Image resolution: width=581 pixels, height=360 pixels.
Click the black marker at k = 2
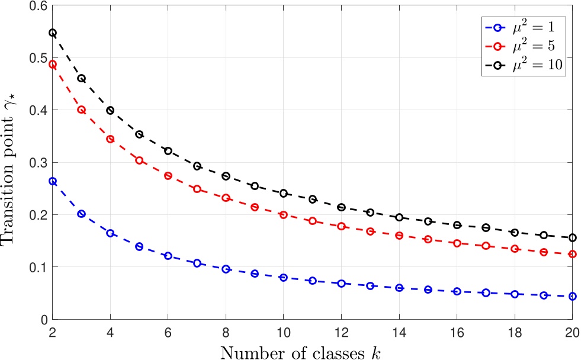(x=53, y=33)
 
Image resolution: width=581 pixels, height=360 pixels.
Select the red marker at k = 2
(x=53, y=65)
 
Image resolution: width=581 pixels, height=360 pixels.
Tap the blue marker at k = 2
(x=53, y=181)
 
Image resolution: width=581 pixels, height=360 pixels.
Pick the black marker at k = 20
(x=572, y=237)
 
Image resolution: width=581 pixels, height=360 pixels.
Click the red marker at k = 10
(x=283, y=214)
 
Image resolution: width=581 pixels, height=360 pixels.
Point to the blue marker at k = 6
(x=168, y=256)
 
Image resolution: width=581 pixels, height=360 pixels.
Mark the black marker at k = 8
(x=226, y=176)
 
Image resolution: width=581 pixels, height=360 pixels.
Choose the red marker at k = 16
(x=457, y=243)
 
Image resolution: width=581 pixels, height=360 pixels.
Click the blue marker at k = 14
(x=399, y=288)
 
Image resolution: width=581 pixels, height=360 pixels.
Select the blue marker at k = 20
(x=572, y=296)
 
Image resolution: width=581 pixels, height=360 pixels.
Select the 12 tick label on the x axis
(x=341, y=333)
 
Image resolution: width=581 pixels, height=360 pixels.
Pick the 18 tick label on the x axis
(x=514, y=333)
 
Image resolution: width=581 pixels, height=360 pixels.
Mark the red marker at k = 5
(x=139, y=160)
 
